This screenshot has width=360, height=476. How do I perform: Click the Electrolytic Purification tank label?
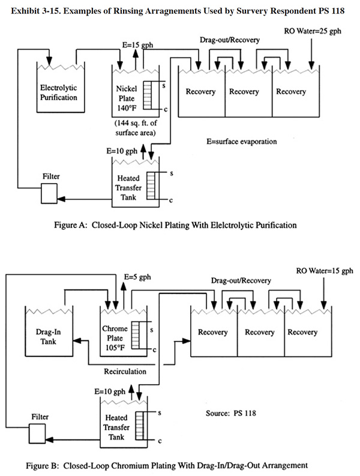[59, 92]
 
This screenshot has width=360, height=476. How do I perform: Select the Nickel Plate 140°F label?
[127, 98]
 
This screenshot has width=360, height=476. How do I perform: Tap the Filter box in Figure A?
[49, 193]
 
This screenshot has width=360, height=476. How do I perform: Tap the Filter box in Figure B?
[37, 433]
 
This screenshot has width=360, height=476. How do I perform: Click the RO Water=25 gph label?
[313, 31]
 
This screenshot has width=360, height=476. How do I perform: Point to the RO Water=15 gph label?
[325, 271]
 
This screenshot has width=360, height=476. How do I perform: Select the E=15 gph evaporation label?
[137, 45]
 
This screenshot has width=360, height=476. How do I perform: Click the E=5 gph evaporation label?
[137, 277]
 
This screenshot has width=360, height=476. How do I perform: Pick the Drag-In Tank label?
[48, 337]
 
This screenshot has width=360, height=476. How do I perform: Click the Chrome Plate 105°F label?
[115, 338]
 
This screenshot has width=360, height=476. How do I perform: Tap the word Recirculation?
[125, 372]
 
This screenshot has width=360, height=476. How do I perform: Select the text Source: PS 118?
[230, 413]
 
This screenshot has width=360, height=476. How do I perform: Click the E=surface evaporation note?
[242, 142]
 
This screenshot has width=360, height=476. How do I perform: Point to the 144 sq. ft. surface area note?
[136, 128]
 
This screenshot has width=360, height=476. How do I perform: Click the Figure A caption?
[175, 225]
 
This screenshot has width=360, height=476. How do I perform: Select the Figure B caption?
[167, 465]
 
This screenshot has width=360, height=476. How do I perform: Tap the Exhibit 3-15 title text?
[178, 11]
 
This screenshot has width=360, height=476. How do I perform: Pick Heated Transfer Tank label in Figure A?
[128, 188]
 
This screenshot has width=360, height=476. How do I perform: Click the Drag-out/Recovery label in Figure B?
[241, 280]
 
